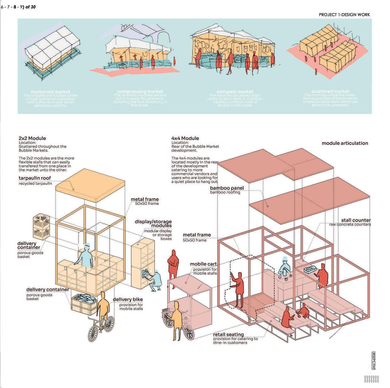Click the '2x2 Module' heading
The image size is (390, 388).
coord(32,138)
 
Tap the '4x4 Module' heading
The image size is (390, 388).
coord(185,138)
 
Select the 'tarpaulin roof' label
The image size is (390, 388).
coord(35,178)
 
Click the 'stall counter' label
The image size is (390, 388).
coord(356,220)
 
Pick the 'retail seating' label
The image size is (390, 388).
coord(228,334)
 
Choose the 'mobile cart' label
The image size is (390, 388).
coord(203,264)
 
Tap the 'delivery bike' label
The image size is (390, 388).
coord(126,300)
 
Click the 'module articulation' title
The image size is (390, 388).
coord(345,143)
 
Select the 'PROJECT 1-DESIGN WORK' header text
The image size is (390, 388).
coord(344,15)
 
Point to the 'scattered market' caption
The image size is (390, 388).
coord(330,91)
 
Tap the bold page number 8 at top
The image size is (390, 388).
coord(15,6)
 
